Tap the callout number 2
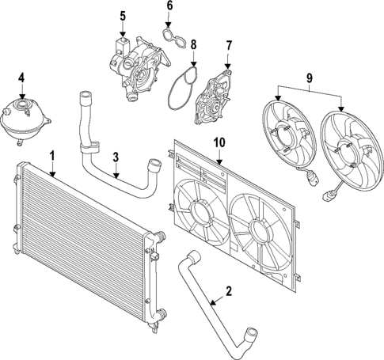point(229,291)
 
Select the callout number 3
point(116,157)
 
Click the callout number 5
point(123,16)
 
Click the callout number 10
point(219,142)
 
